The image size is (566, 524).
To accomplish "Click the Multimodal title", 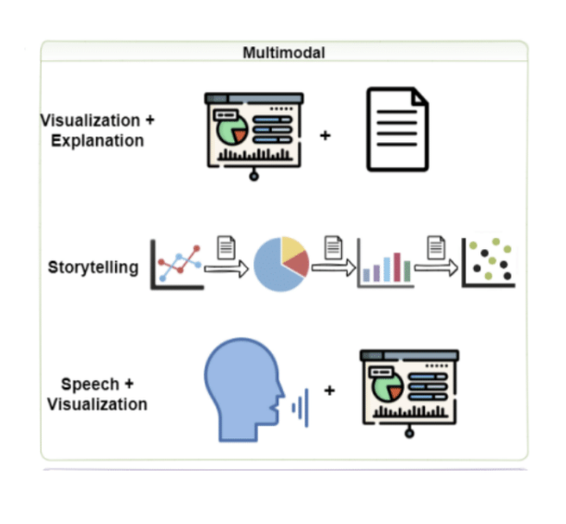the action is tap(284, 53).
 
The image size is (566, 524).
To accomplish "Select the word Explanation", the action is tap(98, 140).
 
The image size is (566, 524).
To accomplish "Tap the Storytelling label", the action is tap(93, 268).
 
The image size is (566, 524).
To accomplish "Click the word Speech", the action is tap(90, 385).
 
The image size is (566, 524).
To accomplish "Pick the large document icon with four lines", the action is tap(397, 129).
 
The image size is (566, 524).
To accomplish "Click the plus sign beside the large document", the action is tap(325, 136).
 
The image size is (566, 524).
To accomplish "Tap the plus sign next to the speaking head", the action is tap(329, 390).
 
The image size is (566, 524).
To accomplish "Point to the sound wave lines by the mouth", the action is tap(301, 408).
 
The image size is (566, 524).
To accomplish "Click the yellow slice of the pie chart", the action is tap(291, 248).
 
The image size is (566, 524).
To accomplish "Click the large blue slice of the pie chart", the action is tap(275, 267).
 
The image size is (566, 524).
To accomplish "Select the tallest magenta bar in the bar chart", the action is tap(397, 267).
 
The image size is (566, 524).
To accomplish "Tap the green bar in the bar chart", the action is tap(407, 271).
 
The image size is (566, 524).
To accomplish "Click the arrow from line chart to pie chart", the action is tap(227, 268).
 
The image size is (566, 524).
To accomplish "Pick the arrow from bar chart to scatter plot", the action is tap(436, 268).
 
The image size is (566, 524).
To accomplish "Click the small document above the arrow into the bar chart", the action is tap(333, 248).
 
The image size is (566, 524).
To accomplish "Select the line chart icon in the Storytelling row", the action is tap(177, 265).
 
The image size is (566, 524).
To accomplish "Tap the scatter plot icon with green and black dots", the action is tap(489, 263).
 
